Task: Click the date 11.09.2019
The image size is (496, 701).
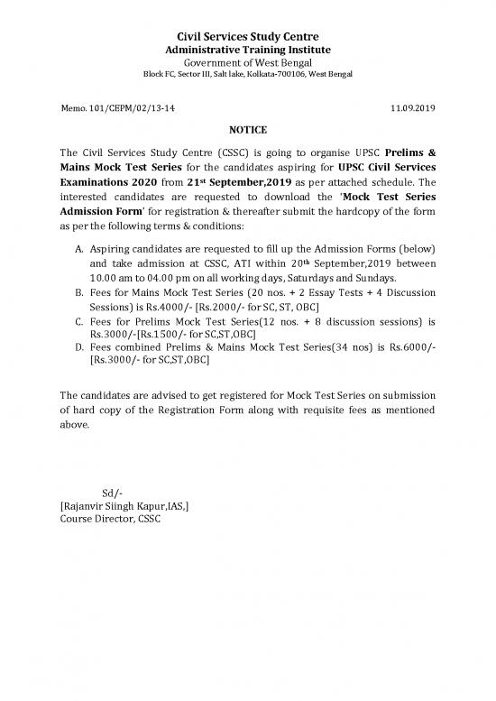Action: click(414, 107)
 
